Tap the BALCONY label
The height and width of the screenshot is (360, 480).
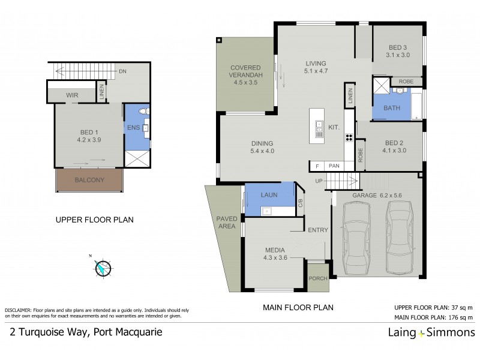click(89, 180)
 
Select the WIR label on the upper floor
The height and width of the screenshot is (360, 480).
click(71, 95)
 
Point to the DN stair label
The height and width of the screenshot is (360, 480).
click(122, 71)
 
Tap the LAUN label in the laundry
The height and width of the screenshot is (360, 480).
click(268, 195)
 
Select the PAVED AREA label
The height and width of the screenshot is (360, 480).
click(227, 222)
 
